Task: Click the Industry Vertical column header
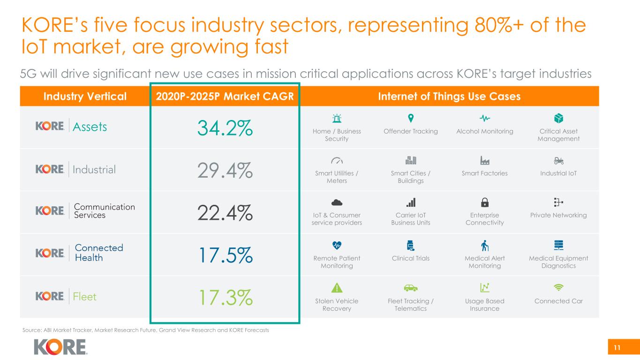click(85, 97)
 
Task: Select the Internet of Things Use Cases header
click(449, 97)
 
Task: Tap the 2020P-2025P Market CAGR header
click(224, 97)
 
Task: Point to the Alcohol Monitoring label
click(485, 131)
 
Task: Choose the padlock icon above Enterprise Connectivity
click(485, 202)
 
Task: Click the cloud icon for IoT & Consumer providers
click(337, 202)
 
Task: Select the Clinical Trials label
click(411, 258)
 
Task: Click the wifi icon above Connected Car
click(558, 287)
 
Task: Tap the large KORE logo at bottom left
click(60, 347)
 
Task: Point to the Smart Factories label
click(485, 173)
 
